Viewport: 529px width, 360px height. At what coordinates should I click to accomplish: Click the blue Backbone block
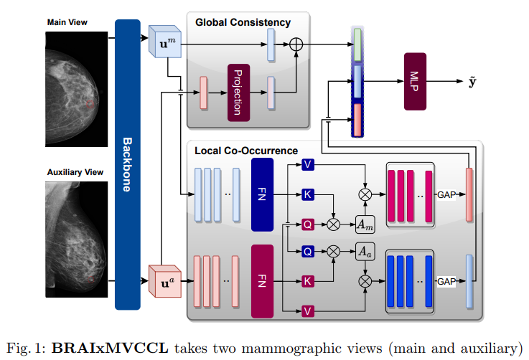tap(127, 164)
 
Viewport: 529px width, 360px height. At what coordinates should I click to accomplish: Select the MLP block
tap(416, 81)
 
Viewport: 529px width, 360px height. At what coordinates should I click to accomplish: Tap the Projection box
tap(237, 91)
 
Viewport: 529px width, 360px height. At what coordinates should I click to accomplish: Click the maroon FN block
tap(262, 280)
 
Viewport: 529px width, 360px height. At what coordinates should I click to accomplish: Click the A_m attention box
tap(365, 224)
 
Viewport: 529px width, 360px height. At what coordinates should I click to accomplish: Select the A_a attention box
tap(365, 251)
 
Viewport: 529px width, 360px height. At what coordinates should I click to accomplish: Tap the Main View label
tap(67, 22)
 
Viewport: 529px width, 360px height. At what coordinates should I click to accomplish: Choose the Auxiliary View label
tap(74, 173)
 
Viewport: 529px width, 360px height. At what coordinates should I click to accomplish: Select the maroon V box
tap(307, 310)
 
